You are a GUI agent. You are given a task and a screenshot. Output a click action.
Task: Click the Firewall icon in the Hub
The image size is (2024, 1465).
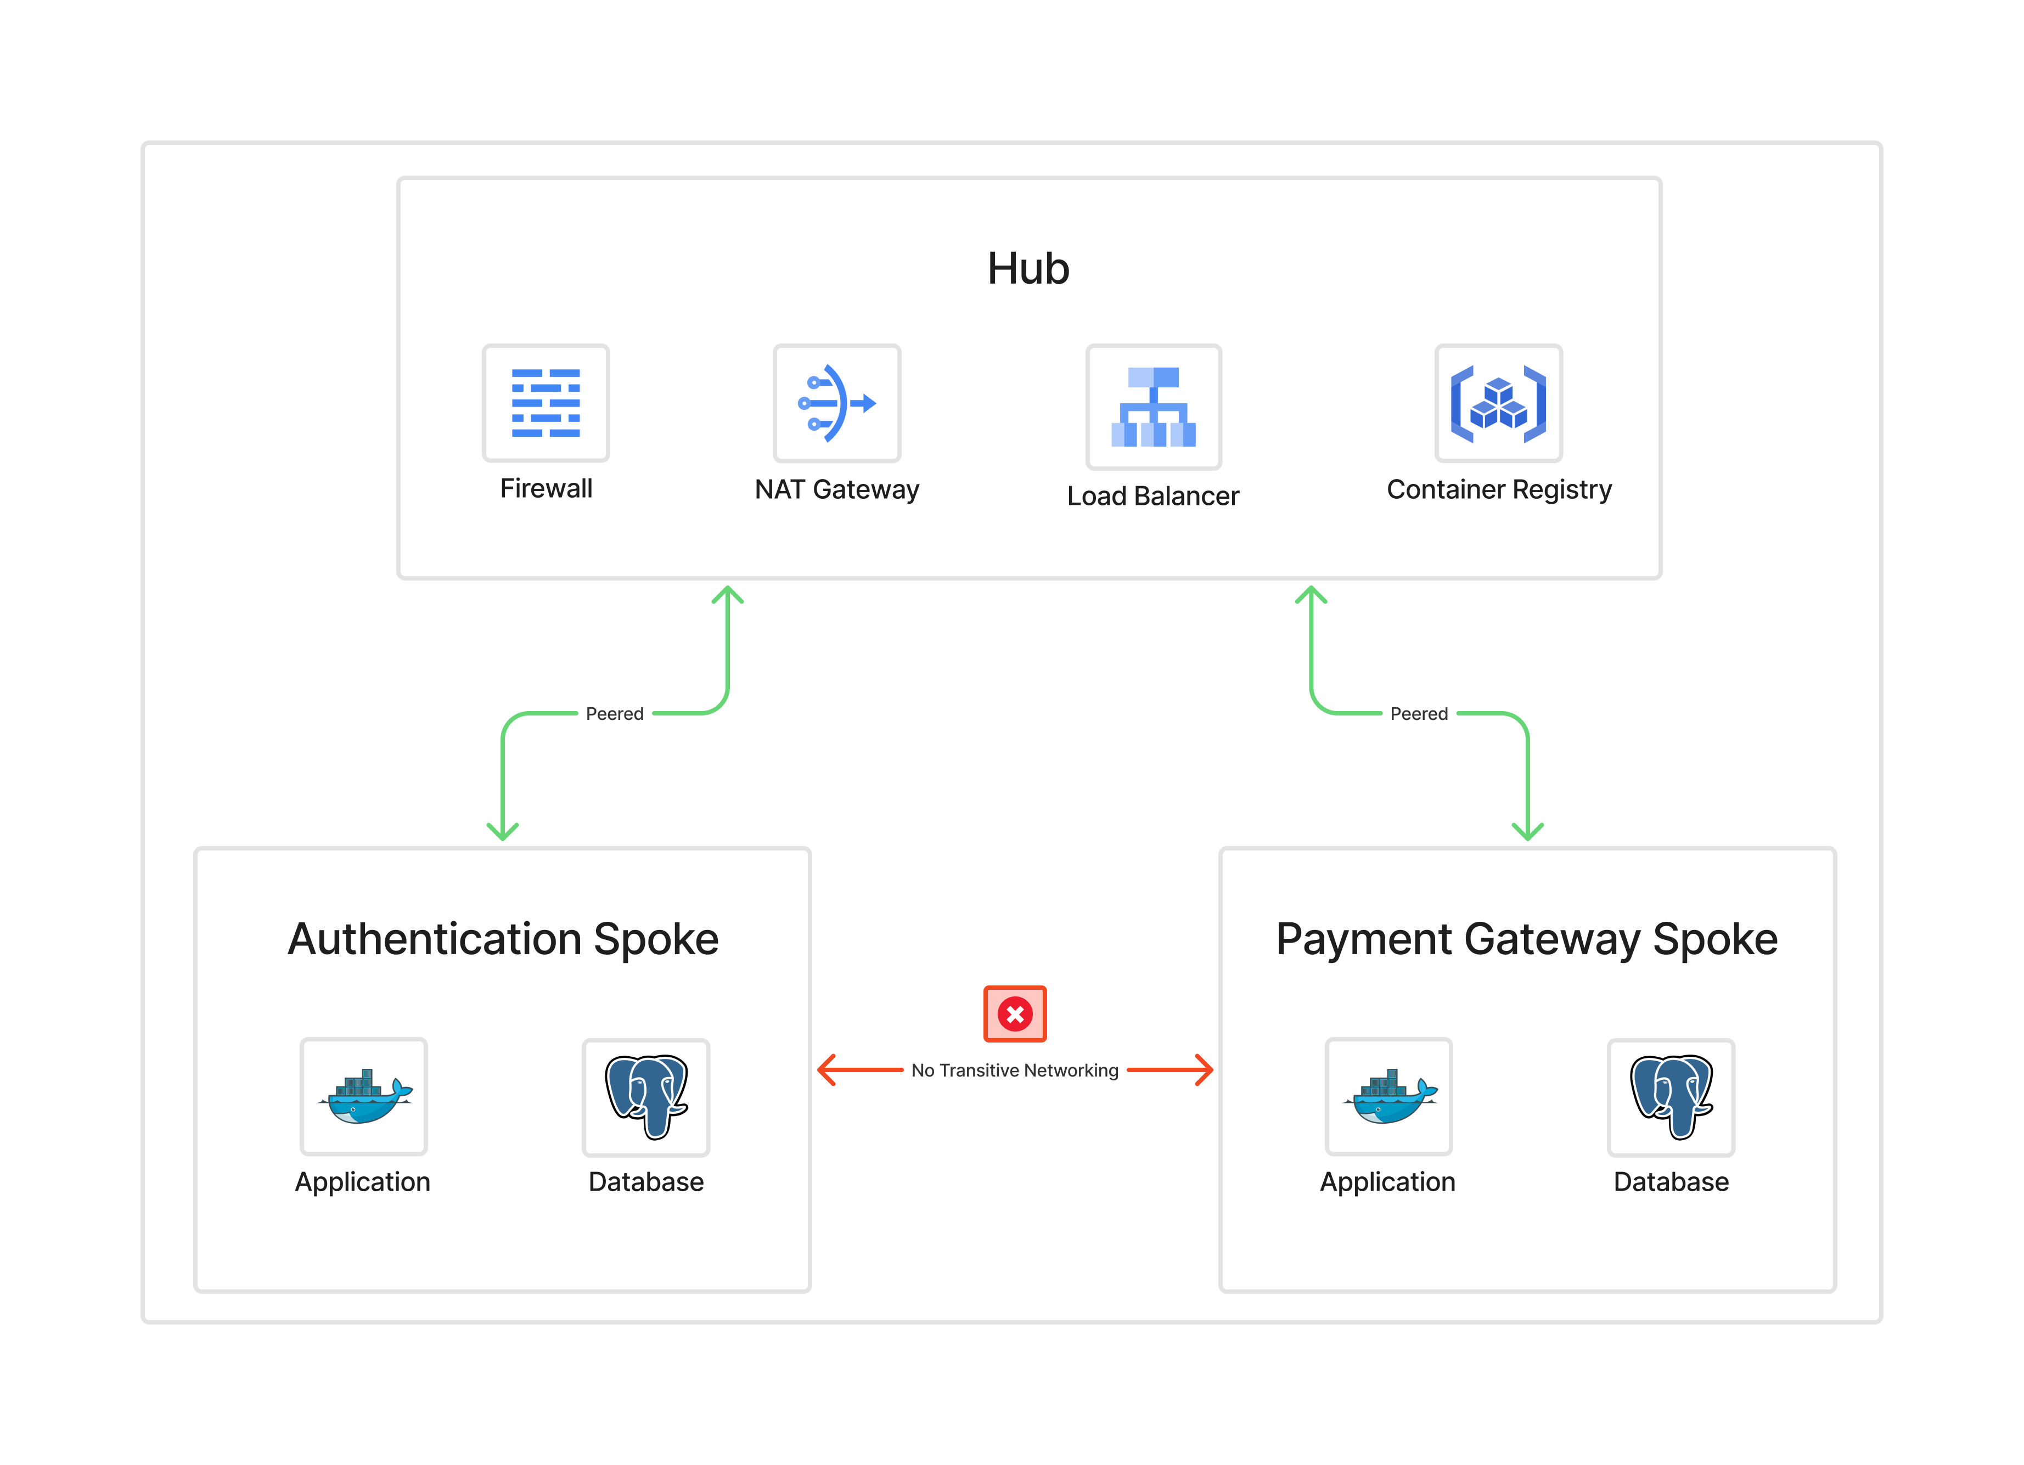[546, 403]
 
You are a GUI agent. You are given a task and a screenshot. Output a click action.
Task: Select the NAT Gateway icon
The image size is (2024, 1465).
[837, 403]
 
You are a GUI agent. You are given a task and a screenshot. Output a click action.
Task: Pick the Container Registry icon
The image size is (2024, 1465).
[1498, 403]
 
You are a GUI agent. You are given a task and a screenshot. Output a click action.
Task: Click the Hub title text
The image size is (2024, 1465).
[1028, 268]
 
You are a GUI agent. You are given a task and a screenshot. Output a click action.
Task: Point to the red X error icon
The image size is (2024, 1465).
[1015, 1013]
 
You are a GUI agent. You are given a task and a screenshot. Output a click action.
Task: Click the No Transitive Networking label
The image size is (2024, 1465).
[1015, 1070]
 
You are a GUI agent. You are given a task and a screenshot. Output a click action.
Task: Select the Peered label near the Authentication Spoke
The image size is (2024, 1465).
[615, 714]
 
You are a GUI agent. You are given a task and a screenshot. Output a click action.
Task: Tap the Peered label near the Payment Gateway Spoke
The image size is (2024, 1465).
[1419, 714]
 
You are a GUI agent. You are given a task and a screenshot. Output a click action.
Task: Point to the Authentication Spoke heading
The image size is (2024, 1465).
[503, 939]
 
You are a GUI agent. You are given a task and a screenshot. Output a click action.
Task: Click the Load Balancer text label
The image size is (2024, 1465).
[1153, 496]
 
